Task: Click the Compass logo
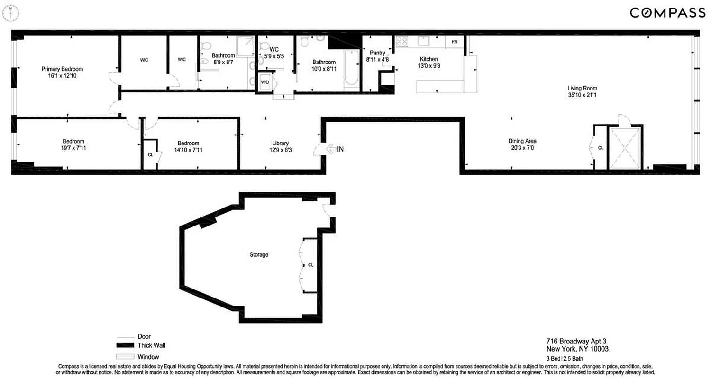coord(667,13)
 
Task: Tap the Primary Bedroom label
coord(65,69)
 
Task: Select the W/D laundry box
coord(265,83)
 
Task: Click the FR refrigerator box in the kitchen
coord(454,42)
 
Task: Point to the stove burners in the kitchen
coord(402,41)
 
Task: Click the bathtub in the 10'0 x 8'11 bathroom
coord(352,68)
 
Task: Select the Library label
coord(281,143)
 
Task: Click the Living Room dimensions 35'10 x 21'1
coord(582,95)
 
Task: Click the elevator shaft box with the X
coord(625,148)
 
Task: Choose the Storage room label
coord(259,254)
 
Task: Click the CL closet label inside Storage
coord(310,265)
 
